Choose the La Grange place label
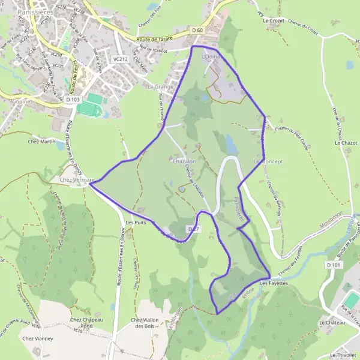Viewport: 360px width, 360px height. pyautogui.click(x=160, y=86)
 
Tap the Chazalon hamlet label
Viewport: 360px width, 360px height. pyautogui.click(x=184, y=162)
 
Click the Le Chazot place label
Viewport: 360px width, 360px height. pyautogui.click(x=346, y=143)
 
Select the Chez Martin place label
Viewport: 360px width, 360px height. pyautogui.click(x=41, y=142)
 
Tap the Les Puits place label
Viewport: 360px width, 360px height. pyautogui.click(x=136, y=223)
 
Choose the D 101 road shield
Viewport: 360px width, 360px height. pyautogui.click(x=335, y=265)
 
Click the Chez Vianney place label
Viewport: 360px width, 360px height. pyautogui.click(x=38, y=338)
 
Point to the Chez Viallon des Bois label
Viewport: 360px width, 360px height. pyautogui.click(x=145, y=323)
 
